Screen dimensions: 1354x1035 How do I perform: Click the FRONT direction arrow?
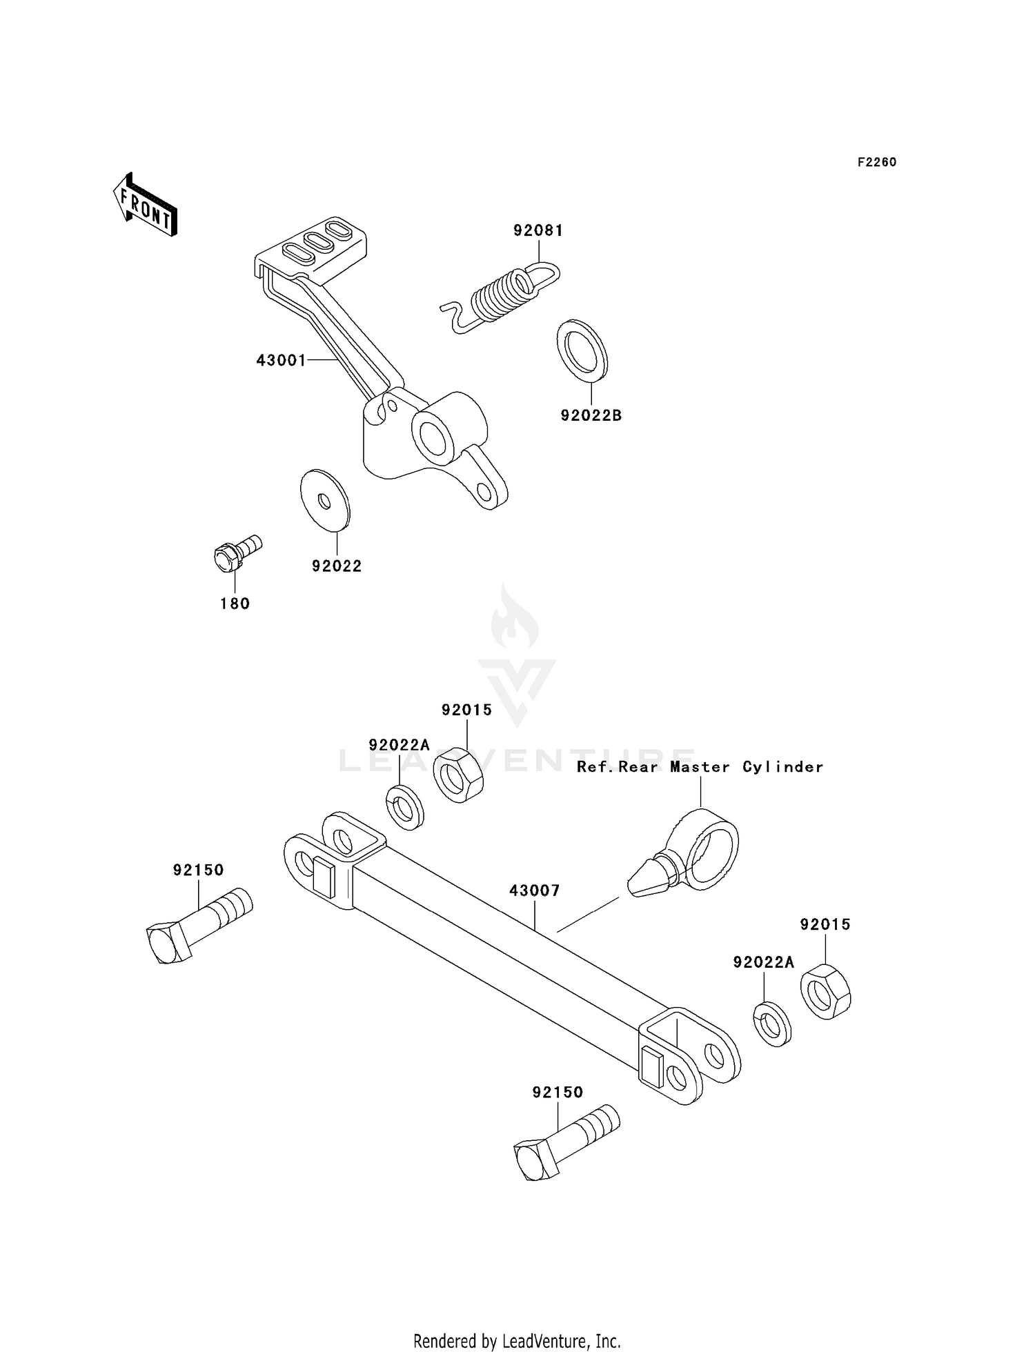(145, 206)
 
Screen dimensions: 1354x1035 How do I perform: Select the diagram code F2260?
(876, 162)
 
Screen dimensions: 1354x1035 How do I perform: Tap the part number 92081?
(538, 230)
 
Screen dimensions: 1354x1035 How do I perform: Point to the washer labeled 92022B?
(582, 350)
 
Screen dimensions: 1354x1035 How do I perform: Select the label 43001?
(281, 360)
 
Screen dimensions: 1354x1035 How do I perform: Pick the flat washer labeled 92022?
(325, 500)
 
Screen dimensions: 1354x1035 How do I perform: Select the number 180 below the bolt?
(235, 604)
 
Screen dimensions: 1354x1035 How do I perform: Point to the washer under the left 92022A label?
(404, 807)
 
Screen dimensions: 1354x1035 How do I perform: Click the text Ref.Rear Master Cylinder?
(700, 767)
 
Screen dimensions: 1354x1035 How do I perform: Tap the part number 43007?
(534, 890)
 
